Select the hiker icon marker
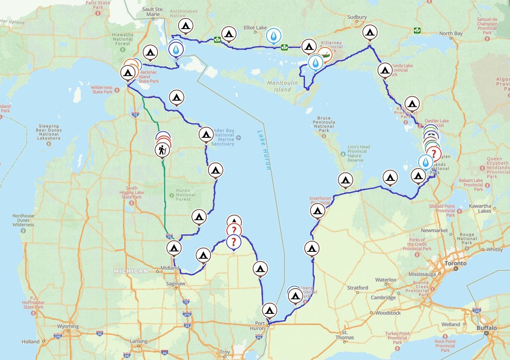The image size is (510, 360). (x=162, y=150)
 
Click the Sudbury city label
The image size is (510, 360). (x=357, y=17)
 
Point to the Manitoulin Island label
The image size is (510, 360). (x=279, y=86)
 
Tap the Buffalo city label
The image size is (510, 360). (x=487, y=328)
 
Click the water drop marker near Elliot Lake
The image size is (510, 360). (x=274, y=36)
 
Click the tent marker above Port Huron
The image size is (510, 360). (x=270, y=310)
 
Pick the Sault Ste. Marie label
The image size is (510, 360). (x=153, y=12)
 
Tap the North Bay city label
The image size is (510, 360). (x=451, y=33)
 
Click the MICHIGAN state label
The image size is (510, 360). (x=131, y=271)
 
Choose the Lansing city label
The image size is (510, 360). (x=138, y=342)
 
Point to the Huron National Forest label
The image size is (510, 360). (x=186, y=195)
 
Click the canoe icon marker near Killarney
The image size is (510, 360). (x=325, y=54)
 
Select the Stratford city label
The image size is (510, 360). (x=358, y=288)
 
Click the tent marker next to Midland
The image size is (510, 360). (x=173, y=248)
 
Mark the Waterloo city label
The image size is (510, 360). (x=385, y=280)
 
